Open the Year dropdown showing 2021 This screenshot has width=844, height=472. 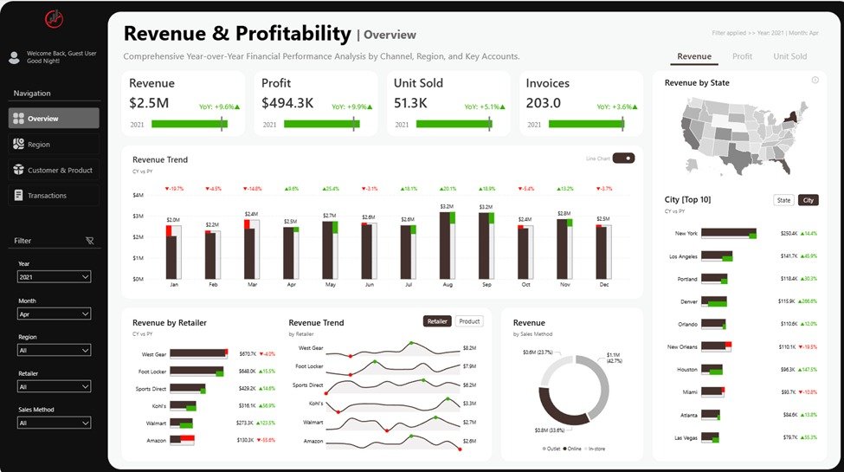click(x=54, y=277)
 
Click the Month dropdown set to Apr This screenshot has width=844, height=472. click(x=54, y=314)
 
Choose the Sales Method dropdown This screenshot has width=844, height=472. click(x=54, y=423)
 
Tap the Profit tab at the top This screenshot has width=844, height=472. click(x=742, y=56)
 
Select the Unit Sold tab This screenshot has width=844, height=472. click(x=789, y=56)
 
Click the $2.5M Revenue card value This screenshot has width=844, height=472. click(x=149, y=103)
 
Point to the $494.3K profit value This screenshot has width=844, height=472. click(x=287, y=103)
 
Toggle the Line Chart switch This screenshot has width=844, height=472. click(x=623, y=158)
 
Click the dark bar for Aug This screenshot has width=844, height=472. click(x=445, y=246)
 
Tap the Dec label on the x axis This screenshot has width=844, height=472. click(x=603, y=285)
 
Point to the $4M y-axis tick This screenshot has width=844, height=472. click(x=138, y=195)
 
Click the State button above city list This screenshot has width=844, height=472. click(x=783, y=200)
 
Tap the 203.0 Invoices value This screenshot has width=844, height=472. click(x=544, y=103)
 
